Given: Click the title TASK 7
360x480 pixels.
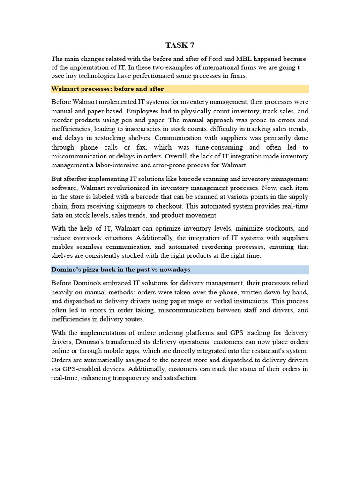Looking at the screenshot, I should pos(180,45).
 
